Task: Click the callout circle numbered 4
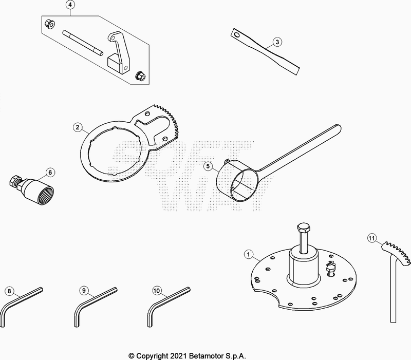[x=70, y=6]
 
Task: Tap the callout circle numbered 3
[x=276, y=42]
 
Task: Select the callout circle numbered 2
[x=78, y=127]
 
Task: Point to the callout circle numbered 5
[x=208, y=166]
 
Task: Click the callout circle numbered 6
[x=50, y=172]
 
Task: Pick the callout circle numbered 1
[x=248, y=254]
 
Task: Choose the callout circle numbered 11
[x=372, y=237]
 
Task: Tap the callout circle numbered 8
[x=9, y=291]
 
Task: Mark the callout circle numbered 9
[x=83, y=291]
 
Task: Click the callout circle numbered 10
[x=157, y=291]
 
